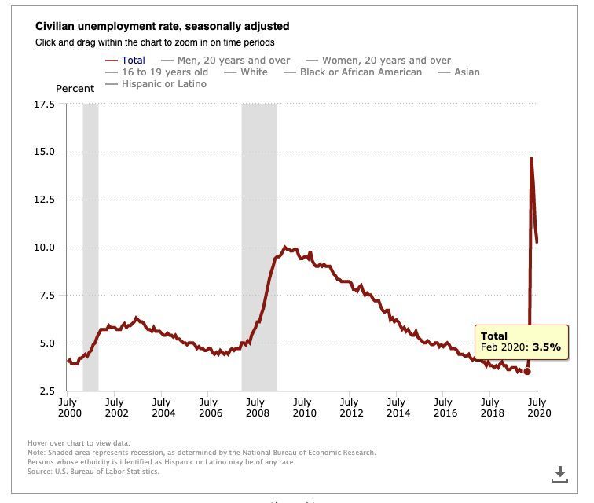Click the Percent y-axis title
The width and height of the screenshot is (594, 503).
pos(75,89)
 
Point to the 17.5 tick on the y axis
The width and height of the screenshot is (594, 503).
pos(45,104)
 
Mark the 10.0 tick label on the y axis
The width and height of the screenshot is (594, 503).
pos(45,248)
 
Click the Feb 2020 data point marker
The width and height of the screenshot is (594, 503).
pos(527,372)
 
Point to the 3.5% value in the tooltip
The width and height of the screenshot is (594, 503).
pos(548,346)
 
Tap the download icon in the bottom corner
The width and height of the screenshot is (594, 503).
pos(559,473)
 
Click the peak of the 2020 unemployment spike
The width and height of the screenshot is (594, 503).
pos(531,158)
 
